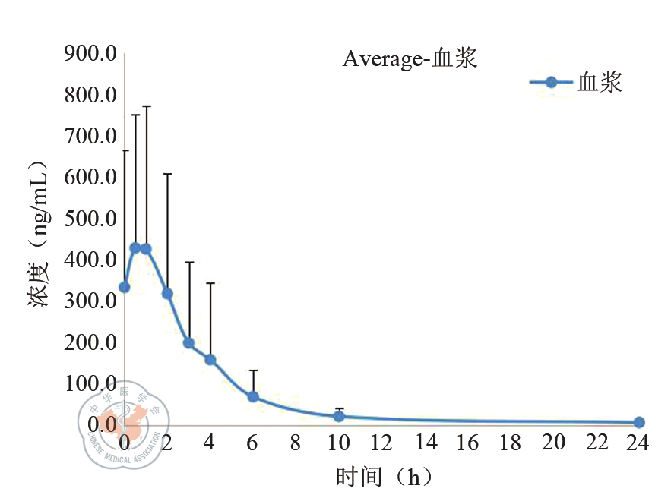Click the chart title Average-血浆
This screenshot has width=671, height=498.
tap(410, 58)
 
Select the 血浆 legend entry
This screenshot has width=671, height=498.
tap(578, 82)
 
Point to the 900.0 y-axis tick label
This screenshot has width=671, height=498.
tap(89, 55)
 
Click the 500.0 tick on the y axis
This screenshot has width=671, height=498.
tap(89, 219)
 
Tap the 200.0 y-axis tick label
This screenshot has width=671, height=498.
tap(89, 342)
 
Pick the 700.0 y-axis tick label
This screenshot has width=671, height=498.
tap(89, 137)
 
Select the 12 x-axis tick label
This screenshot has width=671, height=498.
tap(381, 443)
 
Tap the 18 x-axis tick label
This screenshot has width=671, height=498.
tap(510, 443)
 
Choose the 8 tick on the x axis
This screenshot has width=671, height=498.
tap(296, 443)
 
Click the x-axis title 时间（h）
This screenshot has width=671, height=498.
tap(384, 478)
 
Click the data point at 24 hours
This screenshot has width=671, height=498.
tap(638, 422)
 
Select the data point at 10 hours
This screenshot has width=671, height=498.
tap(339, 416)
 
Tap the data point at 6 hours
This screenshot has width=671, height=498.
tap(253, 396)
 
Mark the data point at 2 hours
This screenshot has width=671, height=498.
tap(167, 293)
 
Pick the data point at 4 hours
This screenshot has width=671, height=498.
tap(210, 359)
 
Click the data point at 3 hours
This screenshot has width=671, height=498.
tap(188, 342)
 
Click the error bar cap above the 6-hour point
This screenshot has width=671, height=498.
tap(253, 370)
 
